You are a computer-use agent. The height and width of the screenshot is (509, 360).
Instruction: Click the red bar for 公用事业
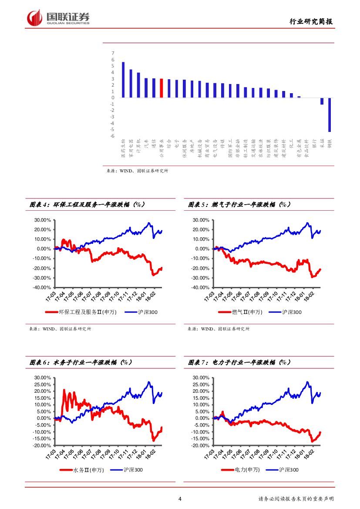tap(161, 88)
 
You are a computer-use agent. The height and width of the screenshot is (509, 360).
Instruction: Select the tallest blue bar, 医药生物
tap(123, 80)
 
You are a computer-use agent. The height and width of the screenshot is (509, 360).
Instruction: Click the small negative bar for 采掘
tap(322, 101)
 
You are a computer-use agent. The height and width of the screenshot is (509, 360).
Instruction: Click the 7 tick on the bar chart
tap(113, 53)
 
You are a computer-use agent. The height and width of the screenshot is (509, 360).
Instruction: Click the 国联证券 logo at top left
tap(58, 17)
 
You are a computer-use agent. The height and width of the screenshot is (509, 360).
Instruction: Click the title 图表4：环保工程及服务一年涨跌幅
tap(87, 204)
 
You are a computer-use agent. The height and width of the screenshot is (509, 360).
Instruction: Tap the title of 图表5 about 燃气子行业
tap(240, 204)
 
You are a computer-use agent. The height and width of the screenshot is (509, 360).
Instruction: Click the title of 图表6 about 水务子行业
tap(81, 362)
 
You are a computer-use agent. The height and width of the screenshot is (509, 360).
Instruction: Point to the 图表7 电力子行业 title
tap(240, 362)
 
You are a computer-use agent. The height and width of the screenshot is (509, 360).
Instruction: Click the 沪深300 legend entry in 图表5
tap(291, 312)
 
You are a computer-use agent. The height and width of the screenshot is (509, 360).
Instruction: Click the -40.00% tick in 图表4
tap(43, 288)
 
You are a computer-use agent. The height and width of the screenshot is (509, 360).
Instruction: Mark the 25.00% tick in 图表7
tap(201, 384)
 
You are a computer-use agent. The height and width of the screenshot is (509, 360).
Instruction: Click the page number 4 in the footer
tap(180, 499)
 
